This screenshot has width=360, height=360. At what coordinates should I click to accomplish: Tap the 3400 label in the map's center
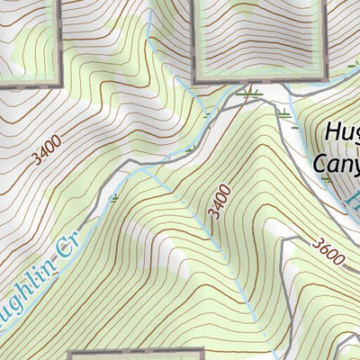tap(219, 201)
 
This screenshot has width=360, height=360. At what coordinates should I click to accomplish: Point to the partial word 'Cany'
tap(335, 162)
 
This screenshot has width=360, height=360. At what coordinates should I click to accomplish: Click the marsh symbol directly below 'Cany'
tap(326, 179)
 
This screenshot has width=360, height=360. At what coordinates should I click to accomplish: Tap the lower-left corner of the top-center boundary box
tap(193, 80)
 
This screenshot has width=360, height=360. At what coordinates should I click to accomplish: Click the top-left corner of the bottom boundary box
tap(71, 352)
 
